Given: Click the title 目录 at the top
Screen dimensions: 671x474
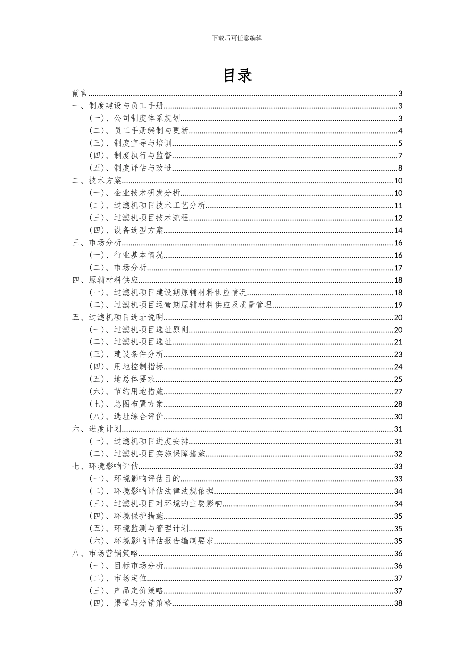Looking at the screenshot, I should click(237, 75).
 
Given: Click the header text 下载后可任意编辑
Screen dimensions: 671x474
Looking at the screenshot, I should click(237, 38).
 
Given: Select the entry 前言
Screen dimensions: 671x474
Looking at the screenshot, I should click(80, 93).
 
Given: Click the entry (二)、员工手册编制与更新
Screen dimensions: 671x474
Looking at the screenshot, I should click(139, 131).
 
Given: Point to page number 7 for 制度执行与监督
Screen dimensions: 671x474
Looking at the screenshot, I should click(400, 156).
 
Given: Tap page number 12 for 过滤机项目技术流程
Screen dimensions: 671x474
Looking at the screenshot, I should click(398, 218).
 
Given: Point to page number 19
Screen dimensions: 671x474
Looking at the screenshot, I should click(398, 305).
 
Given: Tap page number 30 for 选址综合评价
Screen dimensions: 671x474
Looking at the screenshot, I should click(398, 417).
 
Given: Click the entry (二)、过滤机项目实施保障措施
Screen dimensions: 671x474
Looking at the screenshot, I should click(147, 454).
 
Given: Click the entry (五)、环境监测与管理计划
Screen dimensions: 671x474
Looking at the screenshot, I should click(139, 528).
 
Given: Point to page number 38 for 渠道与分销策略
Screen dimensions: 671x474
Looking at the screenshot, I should click(398, 603).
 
